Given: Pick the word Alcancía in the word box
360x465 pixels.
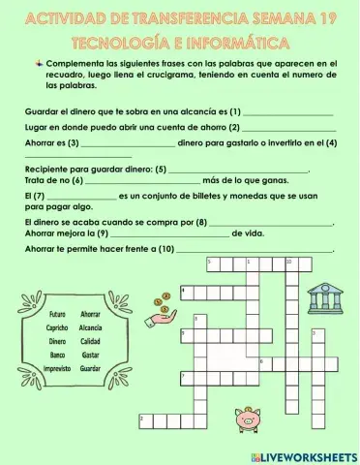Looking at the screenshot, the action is coord(91,328).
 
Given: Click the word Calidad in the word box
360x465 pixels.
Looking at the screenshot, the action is coord(91,342).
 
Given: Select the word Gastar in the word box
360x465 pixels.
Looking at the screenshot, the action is coord(91,356).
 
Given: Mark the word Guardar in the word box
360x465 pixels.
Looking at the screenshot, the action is coord(91,369).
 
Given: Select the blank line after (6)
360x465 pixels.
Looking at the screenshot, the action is coord(146,181).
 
